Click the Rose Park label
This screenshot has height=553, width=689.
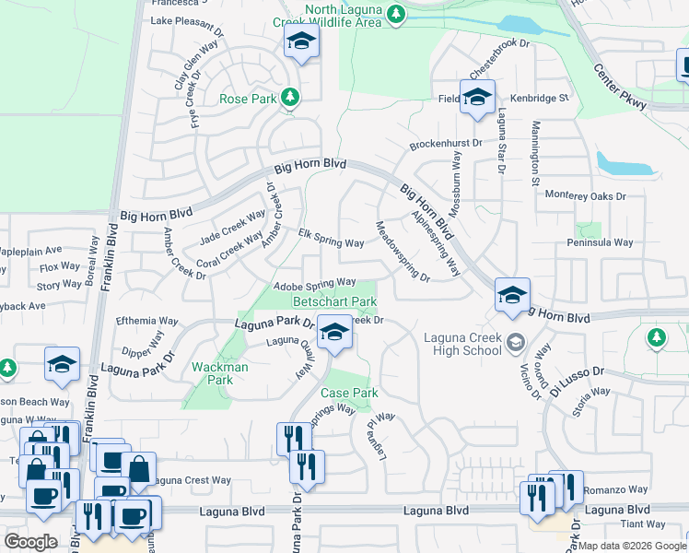[248, 99]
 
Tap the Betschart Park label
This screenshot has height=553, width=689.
[334, 301]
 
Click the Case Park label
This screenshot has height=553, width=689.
[349, 393]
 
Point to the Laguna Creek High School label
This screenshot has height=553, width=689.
[462, 344]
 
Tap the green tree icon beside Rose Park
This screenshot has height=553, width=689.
[290, 97]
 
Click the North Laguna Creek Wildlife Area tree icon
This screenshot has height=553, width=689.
[396, 13]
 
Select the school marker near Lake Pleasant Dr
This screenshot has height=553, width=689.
[300, 41]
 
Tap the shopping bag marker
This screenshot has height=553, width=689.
[138, 468]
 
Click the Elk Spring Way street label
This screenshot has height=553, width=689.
[331, 240]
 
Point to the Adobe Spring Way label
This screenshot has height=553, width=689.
[314, 282]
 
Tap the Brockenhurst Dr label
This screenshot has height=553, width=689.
[447, 144]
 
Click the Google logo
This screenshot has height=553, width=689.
[31, 542]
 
